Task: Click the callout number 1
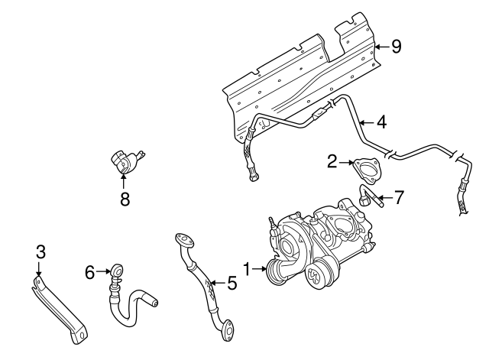tap(247, 268)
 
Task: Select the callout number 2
tap(332, 161)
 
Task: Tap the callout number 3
tap(40, 251)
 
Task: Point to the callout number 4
tap(381, 120)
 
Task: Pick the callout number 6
tap(89, 271)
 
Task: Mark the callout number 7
tap(400, 197)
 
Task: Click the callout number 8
tap(124, 199)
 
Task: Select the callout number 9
tap(395, 47)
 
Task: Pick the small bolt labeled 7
tap(369, 201)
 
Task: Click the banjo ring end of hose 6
tap(116, 270)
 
